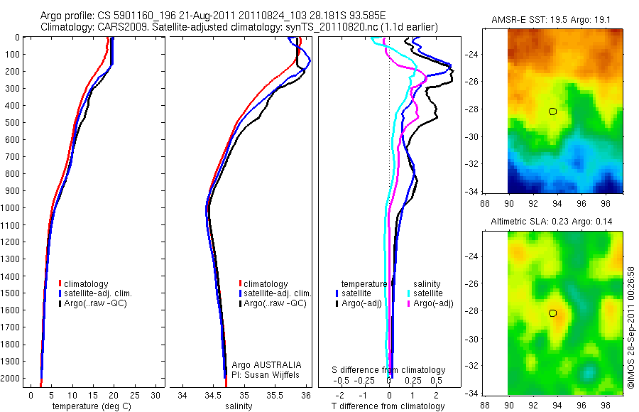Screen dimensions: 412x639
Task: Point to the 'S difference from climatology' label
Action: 389,370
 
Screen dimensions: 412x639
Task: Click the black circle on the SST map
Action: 552,111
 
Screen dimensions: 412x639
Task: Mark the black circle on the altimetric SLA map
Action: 552,313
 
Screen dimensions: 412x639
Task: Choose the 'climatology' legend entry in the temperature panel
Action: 87,284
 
